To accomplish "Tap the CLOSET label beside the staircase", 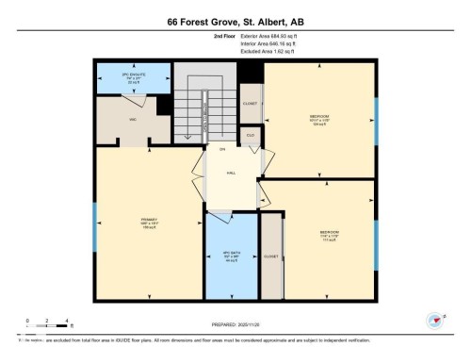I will click(x=250, y=104).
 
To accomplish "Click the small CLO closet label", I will click(x=250, y=136).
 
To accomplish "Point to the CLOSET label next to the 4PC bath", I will click(x=271, y=256).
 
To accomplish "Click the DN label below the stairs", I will click(x=222, y=150).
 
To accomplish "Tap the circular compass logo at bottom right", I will click(x=435, y=320).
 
